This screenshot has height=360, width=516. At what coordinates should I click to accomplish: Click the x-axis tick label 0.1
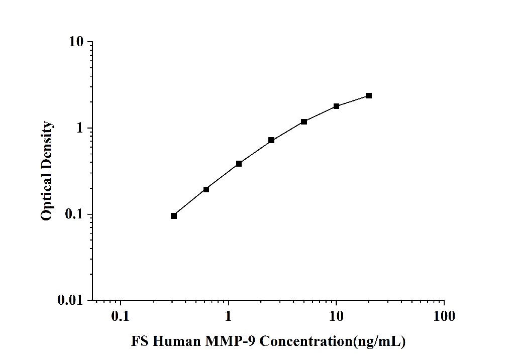(121, 316)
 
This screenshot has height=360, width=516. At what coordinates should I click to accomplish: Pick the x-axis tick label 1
(229, 316)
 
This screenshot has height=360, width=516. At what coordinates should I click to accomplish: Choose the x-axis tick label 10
(336, 316)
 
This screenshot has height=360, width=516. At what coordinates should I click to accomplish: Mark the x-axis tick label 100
(444, 316)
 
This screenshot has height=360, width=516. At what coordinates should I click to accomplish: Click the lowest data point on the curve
(174, 216)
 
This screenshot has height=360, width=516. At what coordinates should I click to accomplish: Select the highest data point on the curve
(369, 95)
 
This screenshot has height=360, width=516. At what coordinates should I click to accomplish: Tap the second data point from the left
(206, 189)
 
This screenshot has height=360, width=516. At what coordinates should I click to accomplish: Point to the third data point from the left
(239, 164)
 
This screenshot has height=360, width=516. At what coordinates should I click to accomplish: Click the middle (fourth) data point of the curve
(271, 140)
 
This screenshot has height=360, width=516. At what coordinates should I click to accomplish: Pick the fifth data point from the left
(304, 122)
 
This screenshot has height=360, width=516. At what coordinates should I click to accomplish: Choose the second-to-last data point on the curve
(336, 106)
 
